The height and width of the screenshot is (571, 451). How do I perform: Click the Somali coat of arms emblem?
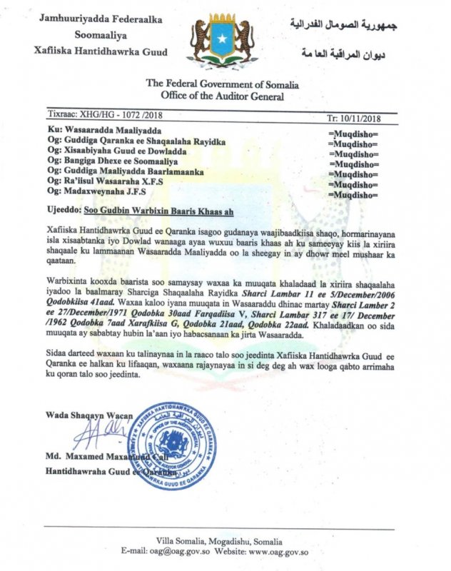coord(223,44)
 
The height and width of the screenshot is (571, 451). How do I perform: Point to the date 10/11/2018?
coord(367,115)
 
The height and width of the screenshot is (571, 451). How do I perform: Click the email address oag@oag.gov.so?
coord(197,552)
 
